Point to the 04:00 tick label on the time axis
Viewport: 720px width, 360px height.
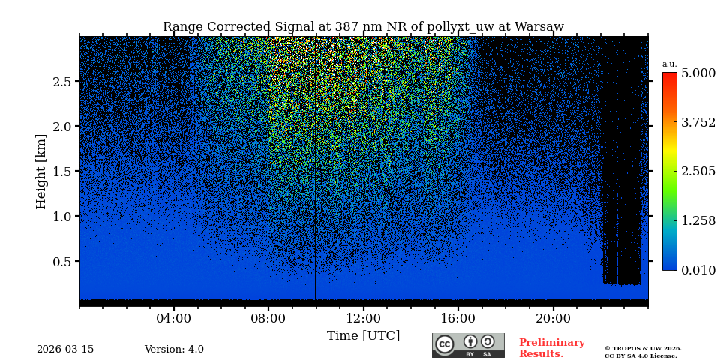pos(174,318)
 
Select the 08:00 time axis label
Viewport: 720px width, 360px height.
pos(268,318)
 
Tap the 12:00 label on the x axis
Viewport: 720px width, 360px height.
pos(363,318)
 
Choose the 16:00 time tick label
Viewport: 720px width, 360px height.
pos(458,318)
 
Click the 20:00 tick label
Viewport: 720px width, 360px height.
pos(553,318)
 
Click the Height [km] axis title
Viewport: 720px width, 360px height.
pos(41,171)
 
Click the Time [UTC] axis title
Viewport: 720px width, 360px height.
pos(363,336)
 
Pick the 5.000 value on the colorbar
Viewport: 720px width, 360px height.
pos(697,73)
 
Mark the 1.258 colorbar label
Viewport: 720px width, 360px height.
pos(697,220)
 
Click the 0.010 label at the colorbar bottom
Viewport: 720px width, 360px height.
pos(697,270)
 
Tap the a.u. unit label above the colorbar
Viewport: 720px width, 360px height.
pos(669,64)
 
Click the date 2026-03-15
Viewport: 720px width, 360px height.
pos(65,349)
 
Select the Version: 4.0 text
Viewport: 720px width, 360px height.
pos(174,349)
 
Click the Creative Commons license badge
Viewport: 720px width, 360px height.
pos(468,345)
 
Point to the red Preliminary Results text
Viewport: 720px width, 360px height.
pos(551,348)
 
